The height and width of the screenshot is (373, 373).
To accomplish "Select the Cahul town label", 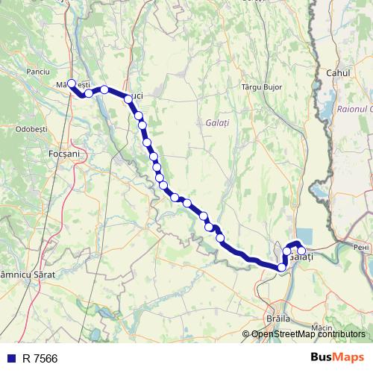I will [x=339, y=73].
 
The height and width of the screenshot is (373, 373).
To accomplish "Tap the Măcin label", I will [x=322, y=327].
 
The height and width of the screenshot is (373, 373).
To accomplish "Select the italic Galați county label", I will [x=217, y=122].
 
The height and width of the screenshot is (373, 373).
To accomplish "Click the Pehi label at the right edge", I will [x=362, y=246].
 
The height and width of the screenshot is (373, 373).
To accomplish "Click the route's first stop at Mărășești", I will [x=72, y=84].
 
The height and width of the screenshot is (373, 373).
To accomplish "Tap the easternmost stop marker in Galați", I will [x=301, y=251].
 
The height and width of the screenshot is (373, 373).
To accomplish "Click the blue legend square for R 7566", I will [x=10, y=358].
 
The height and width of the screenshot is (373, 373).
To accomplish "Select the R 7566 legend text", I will [x=40, y=358].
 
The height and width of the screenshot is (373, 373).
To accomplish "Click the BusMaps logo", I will [x=336, y=357].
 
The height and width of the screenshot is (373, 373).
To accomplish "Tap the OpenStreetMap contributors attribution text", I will [x=308, y=334].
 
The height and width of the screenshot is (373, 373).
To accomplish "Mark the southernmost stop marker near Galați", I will [x=281, y=267].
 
